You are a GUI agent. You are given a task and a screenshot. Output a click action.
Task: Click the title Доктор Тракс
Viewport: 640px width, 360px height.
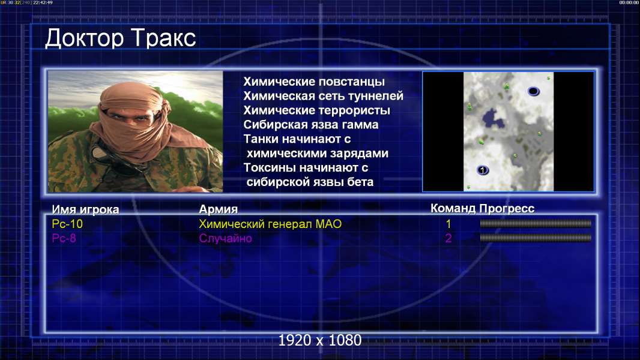click(121, 39)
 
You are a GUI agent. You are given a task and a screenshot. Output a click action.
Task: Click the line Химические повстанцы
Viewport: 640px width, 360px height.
click(314, 82)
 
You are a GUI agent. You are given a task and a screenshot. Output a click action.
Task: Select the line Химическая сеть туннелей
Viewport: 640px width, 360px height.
click(323, 96)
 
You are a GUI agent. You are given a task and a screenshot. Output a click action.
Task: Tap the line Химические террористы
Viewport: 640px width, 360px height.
click(317, 110)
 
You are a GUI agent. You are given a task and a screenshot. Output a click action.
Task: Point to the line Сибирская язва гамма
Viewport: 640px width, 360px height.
click(311, 125)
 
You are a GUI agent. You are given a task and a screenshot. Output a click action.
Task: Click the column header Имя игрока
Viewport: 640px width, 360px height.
click(85, 209)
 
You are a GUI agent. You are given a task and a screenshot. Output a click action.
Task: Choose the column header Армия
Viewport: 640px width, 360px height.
click(218, 209)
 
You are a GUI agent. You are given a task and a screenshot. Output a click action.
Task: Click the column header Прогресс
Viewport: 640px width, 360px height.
click(507, 208)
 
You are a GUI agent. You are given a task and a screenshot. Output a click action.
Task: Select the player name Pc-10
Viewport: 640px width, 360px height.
click(67, 224)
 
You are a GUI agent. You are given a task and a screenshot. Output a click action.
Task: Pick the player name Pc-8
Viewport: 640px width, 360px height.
click(64, 238)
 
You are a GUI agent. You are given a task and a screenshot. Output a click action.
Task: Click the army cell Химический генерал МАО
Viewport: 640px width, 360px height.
click(270, 224)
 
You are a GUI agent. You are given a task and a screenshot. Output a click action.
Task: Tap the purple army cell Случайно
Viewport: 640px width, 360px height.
click(225, 239)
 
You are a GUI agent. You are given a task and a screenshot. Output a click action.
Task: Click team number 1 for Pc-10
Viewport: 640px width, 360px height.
click(448, 224)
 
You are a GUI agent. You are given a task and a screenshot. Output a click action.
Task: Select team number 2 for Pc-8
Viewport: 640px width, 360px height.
click(448, 238)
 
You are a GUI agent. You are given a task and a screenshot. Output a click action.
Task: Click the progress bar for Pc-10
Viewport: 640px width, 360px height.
click(536, 223)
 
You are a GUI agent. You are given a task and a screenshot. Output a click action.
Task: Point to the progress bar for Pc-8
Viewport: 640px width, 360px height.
click(536, 238)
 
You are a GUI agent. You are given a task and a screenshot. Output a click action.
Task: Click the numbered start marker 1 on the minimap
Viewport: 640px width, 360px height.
click(483, 170)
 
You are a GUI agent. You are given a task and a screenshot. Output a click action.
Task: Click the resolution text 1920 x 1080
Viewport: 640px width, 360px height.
click(320, 340)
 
